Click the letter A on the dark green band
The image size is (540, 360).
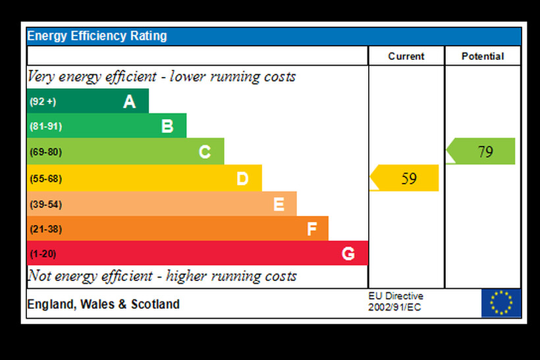click(x=129, y=101)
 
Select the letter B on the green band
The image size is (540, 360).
click(x=167, y=126)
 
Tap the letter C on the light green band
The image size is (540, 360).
click(x=205, y=152)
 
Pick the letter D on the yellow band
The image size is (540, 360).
click(x=242, y=178)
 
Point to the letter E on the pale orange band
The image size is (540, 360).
click(x=279, y=205)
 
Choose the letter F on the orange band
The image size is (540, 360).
click(x=311, y=229)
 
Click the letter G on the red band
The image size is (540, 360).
click(x=348, y=253)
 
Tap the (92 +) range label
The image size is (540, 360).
click(x=43, y=101)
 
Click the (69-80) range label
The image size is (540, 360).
click(x=45, y=152)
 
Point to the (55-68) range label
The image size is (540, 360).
click(x=45, y=178)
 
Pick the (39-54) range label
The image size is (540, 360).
click(x=45, y=205)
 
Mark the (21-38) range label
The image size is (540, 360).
click(x=45, y=229)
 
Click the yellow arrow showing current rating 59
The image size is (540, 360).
click(x=406, y=178)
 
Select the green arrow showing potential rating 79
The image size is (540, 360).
click(x=482, y=151)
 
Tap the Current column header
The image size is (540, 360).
click(x=406, y=56)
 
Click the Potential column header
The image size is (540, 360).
click(x=483, y=56)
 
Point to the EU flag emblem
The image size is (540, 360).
click(x=500, y=303)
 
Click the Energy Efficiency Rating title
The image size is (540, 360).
click(x=97, y=36)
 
